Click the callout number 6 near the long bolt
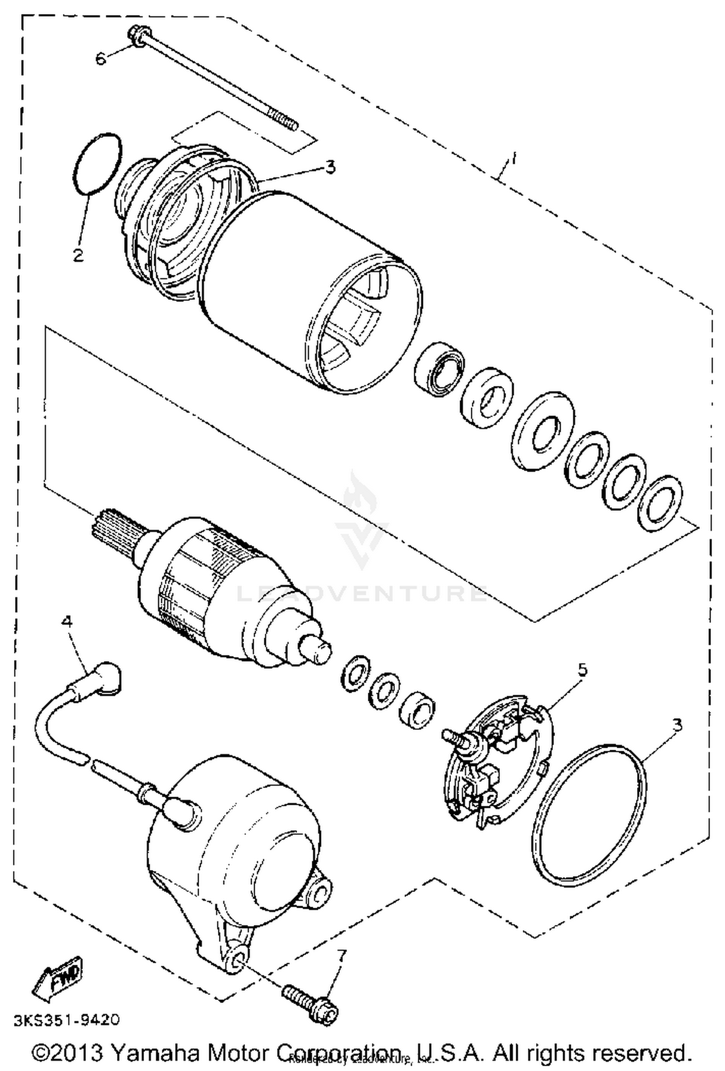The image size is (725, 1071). click(100, 59)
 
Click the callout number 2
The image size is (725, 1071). click(78, 255)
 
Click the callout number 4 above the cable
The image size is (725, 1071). click(67, 622)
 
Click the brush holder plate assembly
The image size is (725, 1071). click(498, 763)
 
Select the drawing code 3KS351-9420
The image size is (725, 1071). click(66, 1020)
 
